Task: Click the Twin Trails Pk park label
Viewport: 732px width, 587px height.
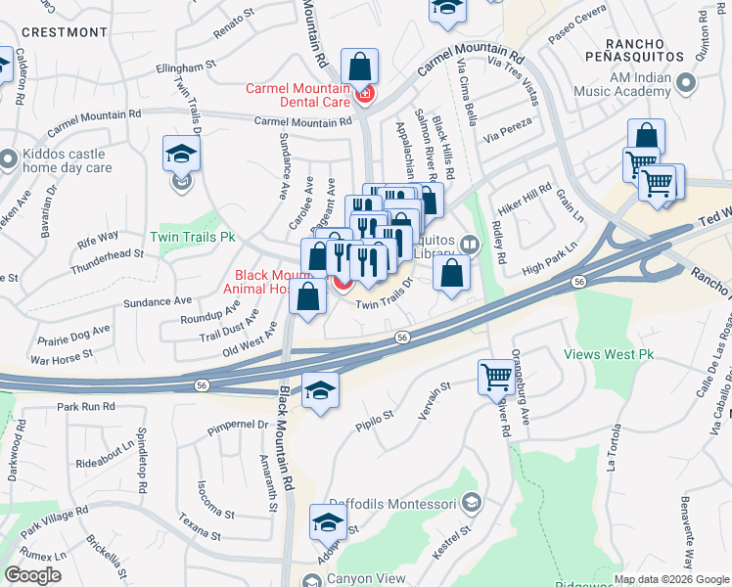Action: tap(193, 237)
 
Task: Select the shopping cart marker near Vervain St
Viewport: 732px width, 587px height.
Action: tap(496, 377)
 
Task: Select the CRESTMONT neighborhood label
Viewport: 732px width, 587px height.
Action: tap(63, 32)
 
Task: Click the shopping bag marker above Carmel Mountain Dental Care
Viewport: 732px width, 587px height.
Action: tap(360, 68)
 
